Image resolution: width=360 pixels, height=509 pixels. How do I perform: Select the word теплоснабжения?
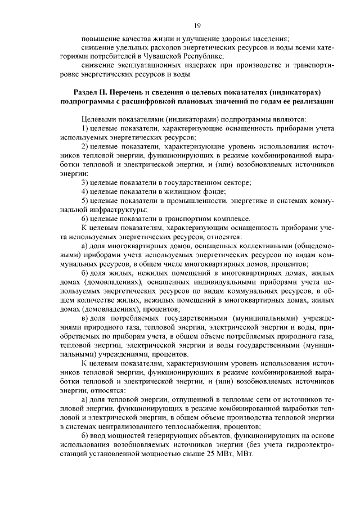[191, 426]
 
